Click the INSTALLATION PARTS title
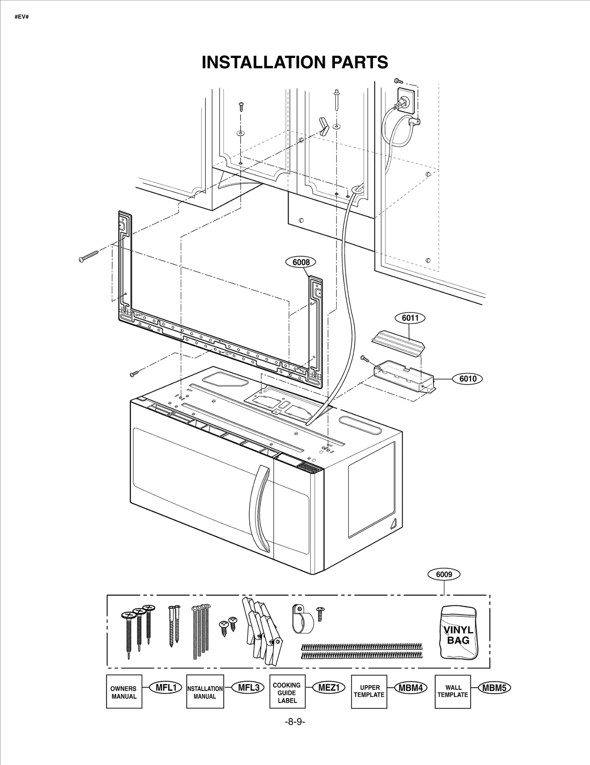(295, 62)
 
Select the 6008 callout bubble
(301, 262)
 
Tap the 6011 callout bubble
(410, 318)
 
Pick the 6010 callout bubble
(468, 379)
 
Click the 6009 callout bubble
(444, 575)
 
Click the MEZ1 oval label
(329, 688)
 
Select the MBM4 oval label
(410, 688)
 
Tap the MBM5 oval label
(494, 688)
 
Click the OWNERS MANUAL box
(124, 692)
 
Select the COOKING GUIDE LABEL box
(287, 692)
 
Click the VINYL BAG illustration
(458, 633)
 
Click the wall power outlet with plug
(405, 100)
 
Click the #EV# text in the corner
(21, 17)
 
